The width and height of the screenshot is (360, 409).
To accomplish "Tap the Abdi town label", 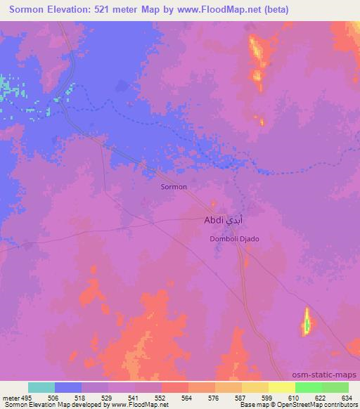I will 214,220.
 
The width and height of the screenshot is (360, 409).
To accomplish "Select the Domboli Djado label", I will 235,239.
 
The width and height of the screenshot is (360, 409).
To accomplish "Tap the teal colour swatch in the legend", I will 41,387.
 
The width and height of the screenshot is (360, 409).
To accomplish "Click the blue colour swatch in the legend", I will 68,387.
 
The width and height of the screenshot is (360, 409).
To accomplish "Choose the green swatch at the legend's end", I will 335,387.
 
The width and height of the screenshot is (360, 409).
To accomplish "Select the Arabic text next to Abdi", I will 236,220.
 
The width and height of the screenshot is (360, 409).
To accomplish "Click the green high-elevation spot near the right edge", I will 307,325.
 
